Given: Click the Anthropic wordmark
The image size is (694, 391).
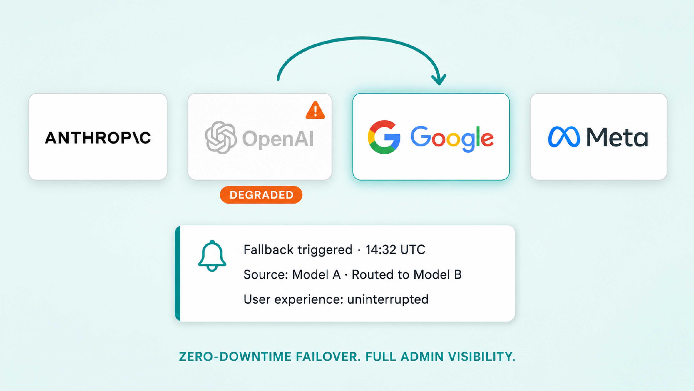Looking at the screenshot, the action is (x=98, y=138).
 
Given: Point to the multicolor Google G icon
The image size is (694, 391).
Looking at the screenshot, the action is (x=384, y=137).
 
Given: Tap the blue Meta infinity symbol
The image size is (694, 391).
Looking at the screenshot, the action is (x=564, y=137).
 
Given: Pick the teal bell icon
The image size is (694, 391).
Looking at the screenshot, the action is (x=212, y=256).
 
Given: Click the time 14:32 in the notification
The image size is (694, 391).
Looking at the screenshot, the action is (x=381, y=250).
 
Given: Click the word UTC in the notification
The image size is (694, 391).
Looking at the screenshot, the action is (x=413, y=250).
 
